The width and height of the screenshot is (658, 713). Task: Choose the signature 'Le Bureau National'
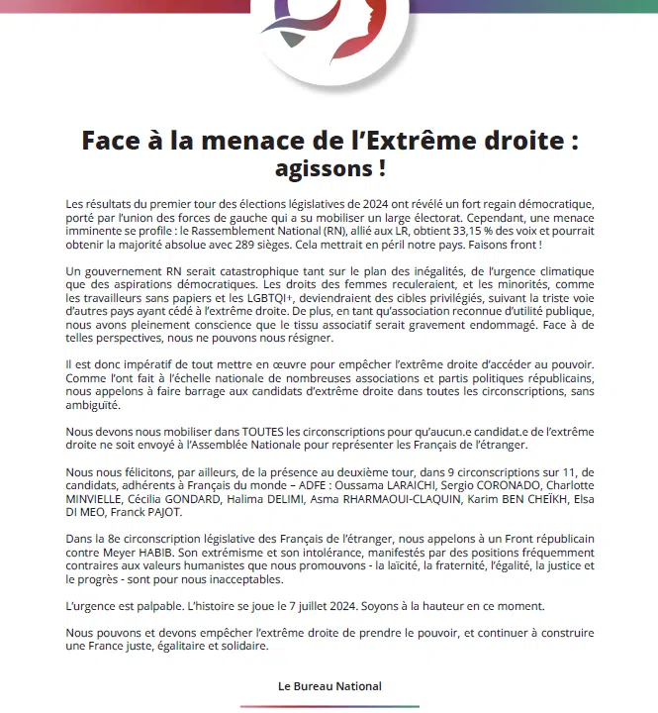point(329,686)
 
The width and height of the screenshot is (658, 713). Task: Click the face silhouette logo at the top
point(330,22)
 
